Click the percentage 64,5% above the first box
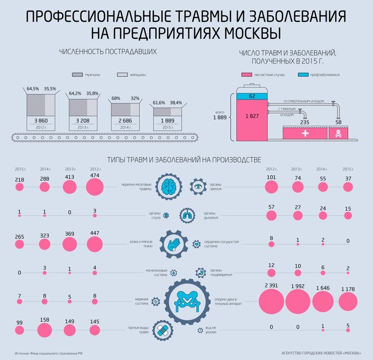coord(33,88)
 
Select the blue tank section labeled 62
coord(252,95)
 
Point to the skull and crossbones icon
coord(338,133)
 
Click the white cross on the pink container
coord(305,133)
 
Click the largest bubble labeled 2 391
coord(271,301)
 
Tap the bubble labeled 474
coord(95,187)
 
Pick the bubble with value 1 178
coord(348,302)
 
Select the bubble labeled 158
coord(44,330)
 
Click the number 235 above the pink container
coord(305,122)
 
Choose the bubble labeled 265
coord(19,245)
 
